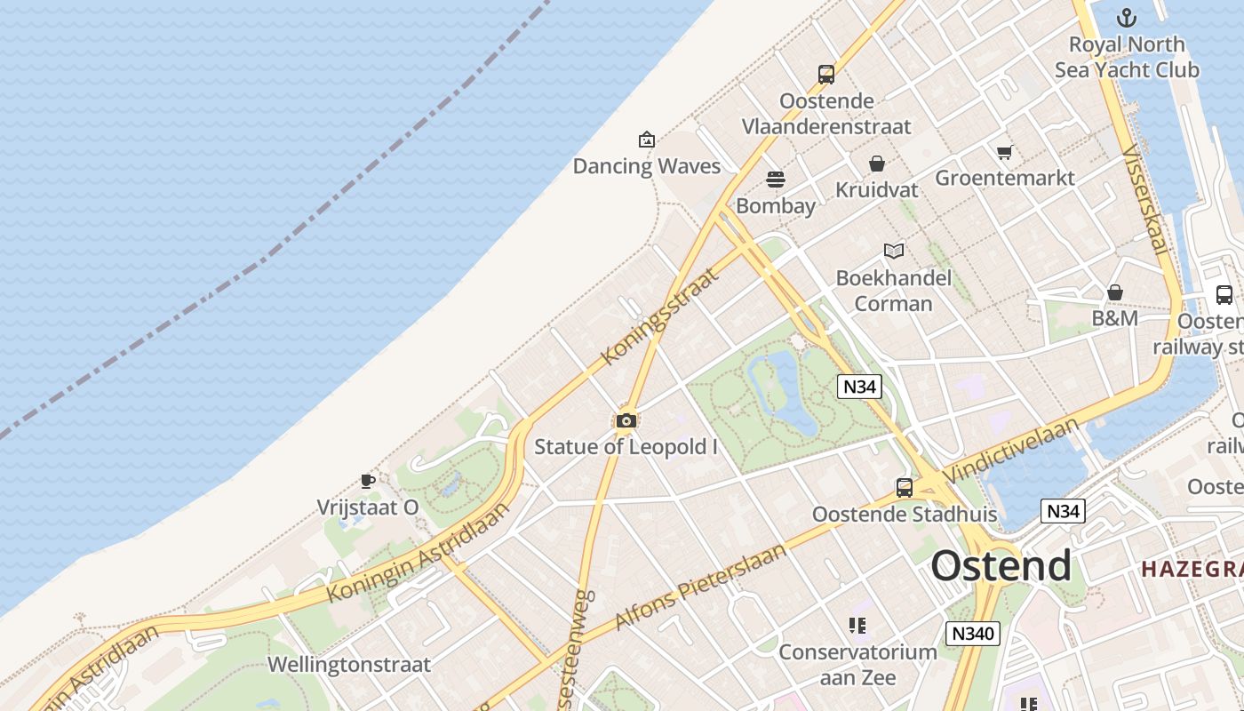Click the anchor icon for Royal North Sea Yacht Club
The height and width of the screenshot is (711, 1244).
point(1127,18)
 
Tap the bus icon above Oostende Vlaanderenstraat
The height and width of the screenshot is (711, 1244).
point(826,75)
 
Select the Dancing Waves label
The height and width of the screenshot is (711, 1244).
point(646,166)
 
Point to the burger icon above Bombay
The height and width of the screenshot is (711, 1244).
point(776,180)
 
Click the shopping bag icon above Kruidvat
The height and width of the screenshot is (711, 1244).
point(877,164)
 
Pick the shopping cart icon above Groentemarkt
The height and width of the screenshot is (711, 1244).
point(1005,152)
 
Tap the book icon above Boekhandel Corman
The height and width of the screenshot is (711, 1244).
point(894,252)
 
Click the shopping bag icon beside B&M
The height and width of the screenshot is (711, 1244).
point(1115,292)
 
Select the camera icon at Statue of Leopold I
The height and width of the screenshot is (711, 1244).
point(626,420)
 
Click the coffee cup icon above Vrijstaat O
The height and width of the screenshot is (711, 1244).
point(368,482)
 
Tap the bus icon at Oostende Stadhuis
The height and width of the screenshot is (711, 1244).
point(905,487)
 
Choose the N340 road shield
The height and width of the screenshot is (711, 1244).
point(973,634)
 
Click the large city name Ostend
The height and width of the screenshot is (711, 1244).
point(1001,565)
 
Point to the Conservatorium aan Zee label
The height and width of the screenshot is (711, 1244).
point(857,664)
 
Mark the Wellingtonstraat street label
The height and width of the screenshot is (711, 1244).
point(348,665)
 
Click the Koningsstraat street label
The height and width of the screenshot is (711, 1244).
point(658,316)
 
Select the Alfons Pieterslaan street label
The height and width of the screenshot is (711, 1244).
point(701,587)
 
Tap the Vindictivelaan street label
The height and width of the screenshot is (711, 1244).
point(1012,451)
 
